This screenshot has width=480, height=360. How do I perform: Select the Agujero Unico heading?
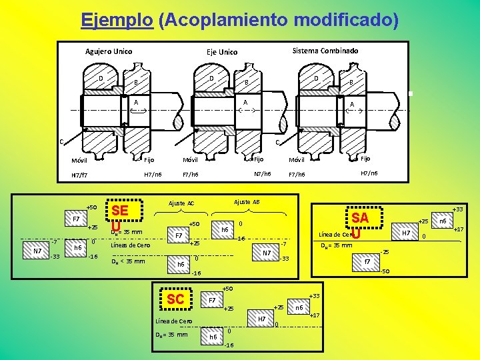[x=109, y=51]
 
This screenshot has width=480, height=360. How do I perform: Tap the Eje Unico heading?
[x=222, y=52]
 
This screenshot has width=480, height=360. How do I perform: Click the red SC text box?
[x=175, y=299]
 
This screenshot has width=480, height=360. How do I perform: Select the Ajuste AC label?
[x=181, y=203]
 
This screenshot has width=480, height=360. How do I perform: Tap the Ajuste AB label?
[x=247, y=201]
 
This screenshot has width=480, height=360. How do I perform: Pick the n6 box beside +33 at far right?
[x=441, y=220]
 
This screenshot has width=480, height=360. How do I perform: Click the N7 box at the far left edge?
[x=37, y=251]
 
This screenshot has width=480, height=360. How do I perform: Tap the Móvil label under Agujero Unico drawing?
[x=79, y=161]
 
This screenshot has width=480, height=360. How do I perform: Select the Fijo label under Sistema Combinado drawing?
[x=365, y=158]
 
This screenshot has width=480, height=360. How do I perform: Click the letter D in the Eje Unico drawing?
[x=211, y=79]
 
